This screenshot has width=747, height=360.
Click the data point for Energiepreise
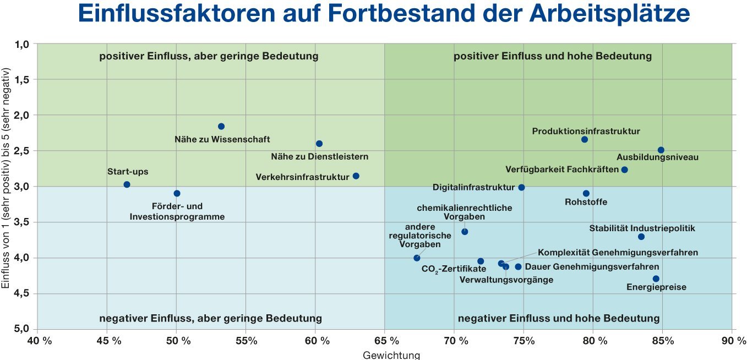[x=656, y=279]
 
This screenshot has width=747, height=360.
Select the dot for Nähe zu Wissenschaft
[x=221, y=127]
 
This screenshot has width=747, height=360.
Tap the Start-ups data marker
[x=127, y=184]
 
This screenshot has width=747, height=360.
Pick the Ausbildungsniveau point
[x=661, y=150]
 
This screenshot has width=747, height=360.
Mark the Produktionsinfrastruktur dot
[x=585, y=139]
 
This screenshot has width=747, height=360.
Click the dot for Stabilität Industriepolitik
[x=641, y=237]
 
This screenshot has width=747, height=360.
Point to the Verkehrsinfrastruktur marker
[x=356, y=176]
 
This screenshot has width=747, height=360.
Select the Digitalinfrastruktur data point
[x=522, y=188]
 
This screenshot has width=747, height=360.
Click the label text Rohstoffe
[x=586, y=202]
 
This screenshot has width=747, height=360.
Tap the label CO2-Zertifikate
[x=454, y=269]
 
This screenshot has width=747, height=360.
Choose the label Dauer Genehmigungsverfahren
[x=592, y=267]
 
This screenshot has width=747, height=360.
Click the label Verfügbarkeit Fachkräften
[x=562, y=170]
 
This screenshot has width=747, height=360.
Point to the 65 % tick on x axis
[x=384, y=341]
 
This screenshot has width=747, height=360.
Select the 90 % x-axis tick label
[x=732, y=341]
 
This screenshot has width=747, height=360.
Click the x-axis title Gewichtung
[x=391, y=355]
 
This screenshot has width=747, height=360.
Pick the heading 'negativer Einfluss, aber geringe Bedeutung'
[x=210, y=318]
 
